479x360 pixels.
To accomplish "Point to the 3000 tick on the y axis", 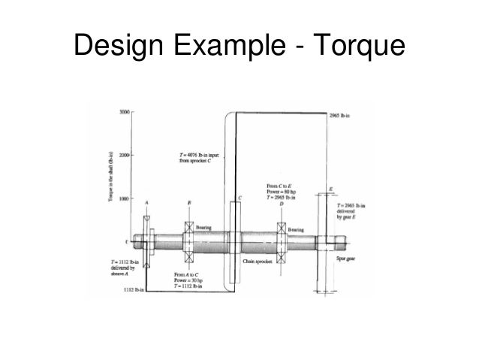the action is click(124, 112).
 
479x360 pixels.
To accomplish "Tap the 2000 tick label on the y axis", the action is click(124, 156).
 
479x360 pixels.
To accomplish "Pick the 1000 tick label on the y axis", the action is click(124, 199).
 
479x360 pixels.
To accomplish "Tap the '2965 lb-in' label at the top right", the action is click(342, 116).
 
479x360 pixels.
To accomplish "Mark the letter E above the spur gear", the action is click(331, 189).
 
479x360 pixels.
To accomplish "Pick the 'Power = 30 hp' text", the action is click(188, 280).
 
